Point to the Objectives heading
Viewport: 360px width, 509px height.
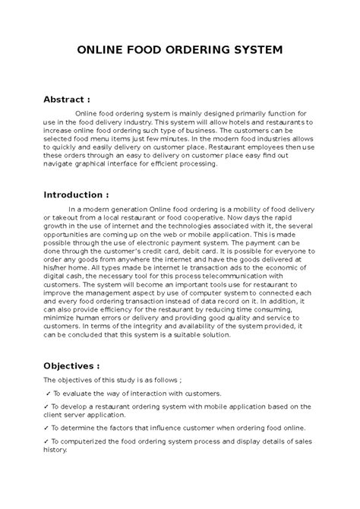(74, 365)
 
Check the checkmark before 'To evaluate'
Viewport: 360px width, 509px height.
(48, 394)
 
